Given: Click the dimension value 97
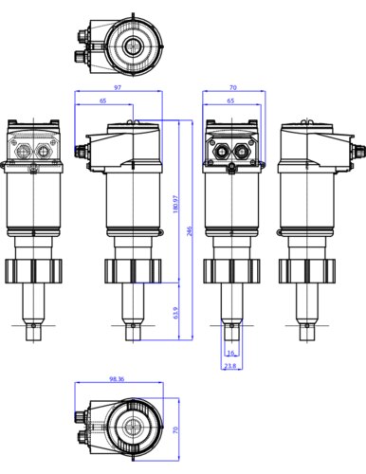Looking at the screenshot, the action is click(x=118, y=87).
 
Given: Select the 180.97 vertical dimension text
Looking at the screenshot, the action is click(x=176, y=204).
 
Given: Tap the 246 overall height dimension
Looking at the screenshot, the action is click(x=190, y=231).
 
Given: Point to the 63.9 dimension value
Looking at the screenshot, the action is click(x=176, y=313).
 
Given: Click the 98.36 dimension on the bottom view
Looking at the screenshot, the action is click(x=117, y=379).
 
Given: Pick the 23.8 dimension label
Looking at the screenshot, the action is click(x=230, y=366).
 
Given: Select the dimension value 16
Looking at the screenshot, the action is click(x=231, y=353).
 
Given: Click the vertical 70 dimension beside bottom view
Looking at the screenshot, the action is click(x=176, y=429).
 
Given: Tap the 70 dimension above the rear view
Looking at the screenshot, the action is click(x=233, y=87).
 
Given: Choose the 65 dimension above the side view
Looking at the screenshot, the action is click(x=103, y=100).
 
